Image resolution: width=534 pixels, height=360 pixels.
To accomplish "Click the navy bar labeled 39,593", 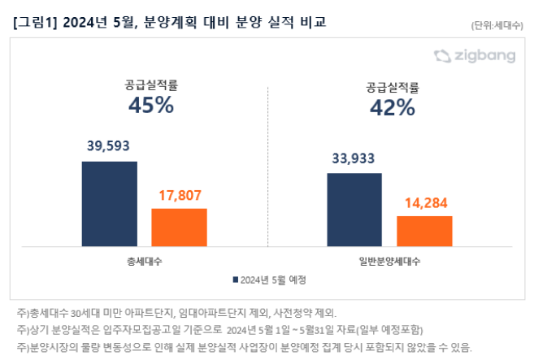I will click(x=109, y=202).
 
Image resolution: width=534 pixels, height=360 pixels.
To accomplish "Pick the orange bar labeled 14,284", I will click(x=424, y=230).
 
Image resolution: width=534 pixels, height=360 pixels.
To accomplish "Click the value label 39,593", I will click(x=109, y=146).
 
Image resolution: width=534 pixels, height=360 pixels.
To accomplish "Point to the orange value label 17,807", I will click(x=179, y=195).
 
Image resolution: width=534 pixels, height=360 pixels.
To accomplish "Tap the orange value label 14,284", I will click(x=424, y=202).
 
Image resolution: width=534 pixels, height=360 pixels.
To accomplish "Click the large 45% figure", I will click(x=150, y=105).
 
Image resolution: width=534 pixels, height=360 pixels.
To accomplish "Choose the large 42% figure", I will click(x=393, y=107).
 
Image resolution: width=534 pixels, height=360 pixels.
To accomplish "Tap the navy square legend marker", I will click(x=236, y=280).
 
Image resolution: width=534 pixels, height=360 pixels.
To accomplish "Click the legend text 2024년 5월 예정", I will click(x=274, y=280).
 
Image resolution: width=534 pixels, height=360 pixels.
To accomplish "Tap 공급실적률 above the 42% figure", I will click(x=393, y=85).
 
